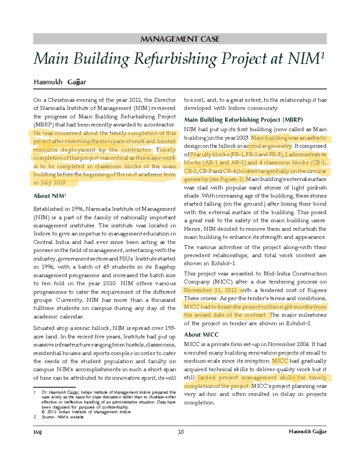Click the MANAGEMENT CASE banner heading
click(180, 39)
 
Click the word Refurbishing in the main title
click(175, 59)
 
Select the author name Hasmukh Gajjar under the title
click(60, 82)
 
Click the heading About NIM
click(49, 196)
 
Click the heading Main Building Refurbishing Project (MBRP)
click(243, 120)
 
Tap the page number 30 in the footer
click(181, 432)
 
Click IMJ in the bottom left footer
click(37, 432)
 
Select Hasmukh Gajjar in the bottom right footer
click(307, 431)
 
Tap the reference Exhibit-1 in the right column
click(223, 263)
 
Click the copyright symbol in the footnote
click(43, 412)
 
